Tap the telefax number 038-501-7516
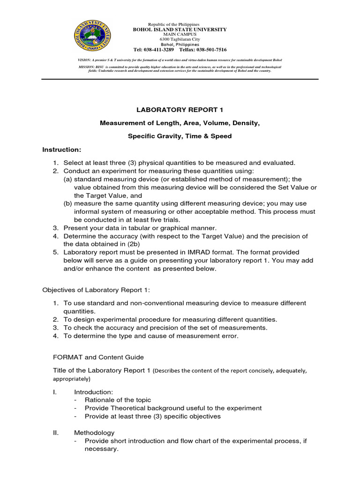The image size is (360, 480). [x=209, y=49]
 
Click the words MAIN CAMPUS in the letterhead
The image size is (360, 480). [x=173, y=34]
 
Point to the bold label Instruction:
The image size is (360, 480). [x=62, y=150]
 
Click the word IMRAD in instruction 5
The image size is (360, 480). [x=197, y=252]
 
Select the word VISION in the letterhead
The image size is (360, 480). [x=84, y=60]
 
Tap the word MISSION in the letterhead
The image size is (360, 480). [x=86, y=67]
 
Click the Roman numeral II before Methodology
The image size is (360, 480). [x=55, y=433]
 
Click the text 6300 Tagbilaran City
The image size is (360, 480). [x=173, y=39]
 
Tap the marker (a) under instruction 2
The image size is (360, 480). [x=68, y=179]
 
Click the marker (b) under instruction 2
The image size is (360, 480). [x=68, y=203]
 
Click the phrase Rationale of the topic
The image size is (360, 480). [x=118, y=400]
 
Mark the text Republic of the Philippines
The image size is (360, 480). [x=173, y=24]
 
